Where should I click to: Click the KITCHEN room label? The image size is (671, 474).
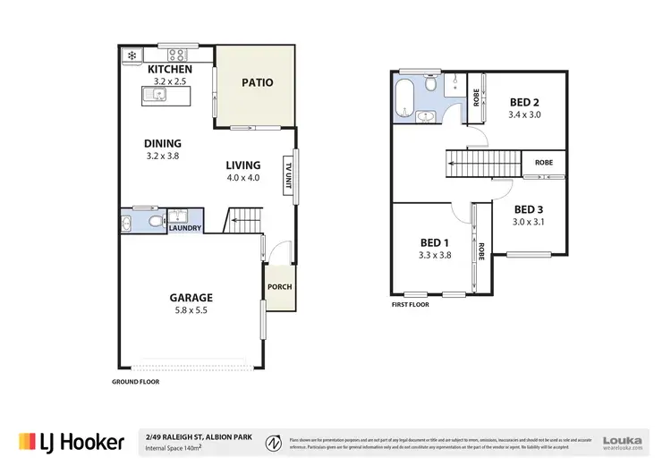(168, 69)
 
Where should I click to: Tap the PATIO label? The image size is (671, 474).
(257, 83)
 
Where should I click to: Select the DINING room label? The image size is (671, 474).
(163, 143)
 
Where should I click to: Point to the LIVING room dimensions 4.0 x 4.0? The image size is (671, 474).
(242, 177)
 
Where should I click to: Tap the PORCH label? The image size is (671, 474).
(278, 287)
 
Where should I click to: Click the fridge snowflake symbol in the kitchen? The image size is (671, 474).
(131, 55)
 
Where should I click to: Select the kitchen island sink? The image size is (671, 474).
(158, 93)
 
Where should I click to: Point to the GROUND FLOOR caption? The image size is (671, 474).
(134, 382)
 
